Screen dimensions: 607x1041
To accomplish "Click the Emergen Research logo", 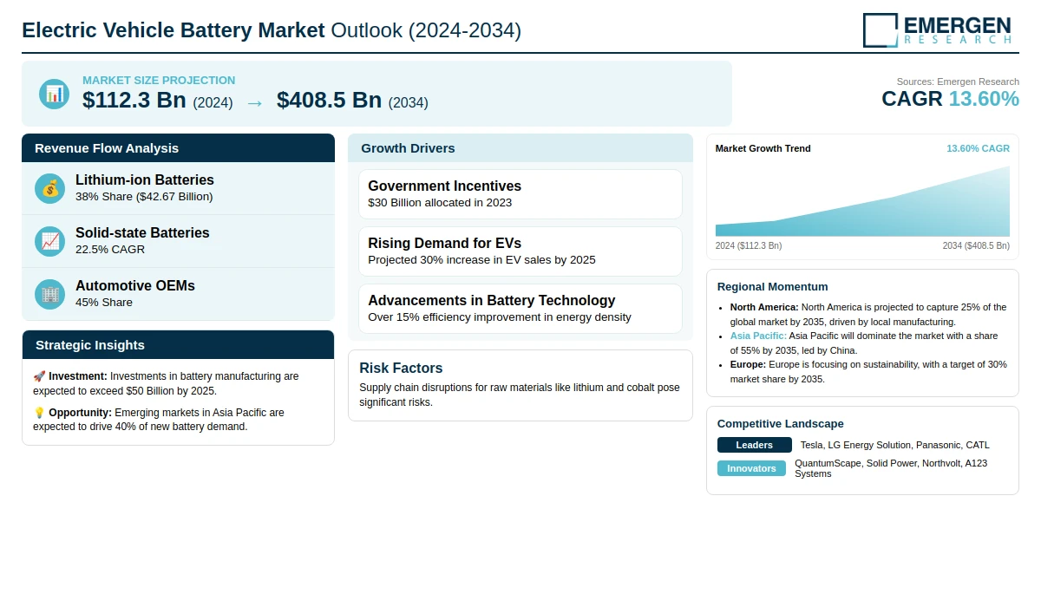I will tap(937, 29).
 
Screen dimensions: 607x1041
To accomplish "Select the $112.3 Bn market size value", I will tap(134, 101).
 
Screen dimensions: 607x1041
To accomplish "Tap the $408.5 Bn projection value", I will tap(329, 101).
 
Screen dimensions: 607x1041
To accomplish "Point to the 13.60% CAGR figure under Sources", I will tap(984, 99).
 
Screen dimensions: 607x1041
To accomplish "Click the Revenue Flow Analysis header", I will tap(107, 148).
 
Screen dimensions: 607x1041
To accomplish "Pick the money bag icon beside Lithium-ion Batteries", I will tap(50, 188).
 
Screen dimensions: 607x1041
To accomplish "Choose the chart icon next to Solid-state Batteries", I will tap(50, 241).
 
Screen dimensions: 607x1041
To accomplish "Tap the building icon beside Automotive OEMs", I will tap(50, 294).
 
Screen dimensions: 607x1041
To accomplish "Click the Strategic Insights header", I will tap(90, 345).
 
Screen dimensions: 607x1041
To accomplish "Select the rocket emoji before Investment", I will tap(39, 376).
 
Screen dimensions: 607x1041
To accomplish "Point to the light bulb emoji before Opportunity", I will tap(39, 413).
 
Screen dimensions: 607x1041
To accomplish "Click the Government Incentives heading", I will tap(444, 186).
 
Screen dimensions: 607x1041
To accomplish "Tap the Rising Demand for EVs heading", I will tap(444, 243).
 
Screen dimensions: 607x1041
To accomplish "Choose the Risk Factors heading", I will tap(401, 368).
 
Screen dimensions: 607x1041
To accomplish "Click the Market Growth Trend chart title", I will tap(763, 148).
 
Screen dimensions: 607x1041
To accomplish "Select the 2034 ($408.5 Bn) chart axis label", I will tap(976, 245).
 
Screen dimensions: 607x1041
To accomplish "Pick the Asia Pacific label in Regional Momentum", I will tap(758, 336).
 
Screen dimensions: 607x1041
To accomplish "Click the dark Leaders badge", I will tap(754, 445).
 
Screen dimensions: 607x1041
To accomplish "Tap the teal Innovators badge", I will tap(751, 468).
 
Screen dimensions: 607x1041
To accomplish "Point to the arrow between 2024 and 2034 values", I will tap(254, 102).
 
